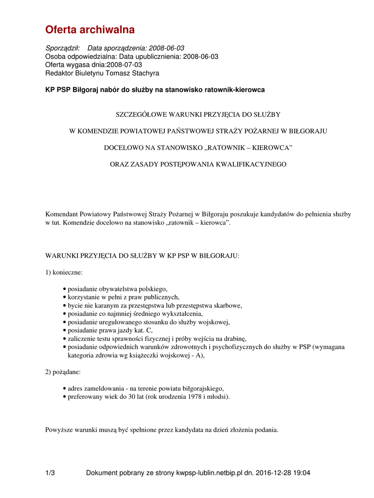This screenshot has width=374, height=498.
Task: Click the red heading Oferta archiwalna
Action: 90,30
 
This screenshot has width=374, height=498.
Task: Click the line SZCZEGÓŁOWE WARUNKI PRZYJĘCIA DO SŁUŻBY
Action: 197,114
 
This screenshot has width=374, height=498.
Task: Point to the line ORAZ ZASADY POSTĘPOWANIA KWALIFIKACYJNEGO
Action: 198,164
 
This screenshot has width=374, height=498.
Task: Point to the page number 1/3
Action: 50,473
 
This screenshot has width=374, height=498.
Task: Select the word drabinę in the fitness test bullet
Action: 234,338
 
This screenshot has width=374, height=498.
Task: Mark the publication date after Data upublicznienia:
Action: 200,56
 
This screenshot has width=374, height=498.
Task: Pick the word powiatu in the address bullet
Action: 176,388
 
